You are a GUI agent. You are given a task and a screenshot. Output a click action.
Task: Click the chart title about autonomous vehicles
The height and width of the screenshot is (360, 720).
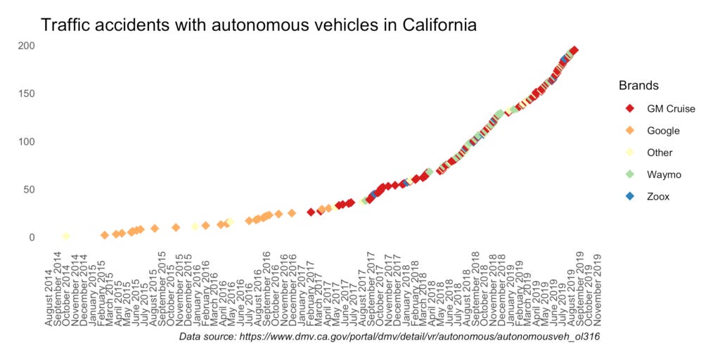(259, 25)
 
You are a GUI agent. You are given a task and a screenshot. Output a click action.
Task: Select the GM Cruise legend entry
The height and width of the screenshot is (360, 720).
(670, 109)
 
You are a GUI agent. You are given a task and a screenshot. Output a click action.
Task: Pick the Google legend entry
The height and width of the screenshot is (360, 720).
(662, 131)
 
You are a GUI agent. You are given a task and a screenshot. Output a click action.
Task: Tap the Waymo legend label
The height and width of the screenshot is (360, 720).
(664, 174)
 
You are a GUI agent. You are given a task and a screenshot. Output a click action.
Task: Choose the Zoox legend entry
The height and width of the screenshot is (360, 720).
(658, 196)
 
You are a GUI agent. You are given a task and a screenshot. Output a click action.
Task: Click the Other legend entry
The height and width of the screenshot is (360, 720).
(660, 153)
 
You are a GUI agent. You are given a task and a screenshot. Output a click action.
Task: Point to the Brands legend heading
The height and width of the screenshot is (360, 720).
(638, 86)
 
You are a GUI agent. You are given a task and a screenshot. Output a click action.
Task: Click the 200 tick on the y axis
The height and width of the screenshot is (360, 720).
(27, 46)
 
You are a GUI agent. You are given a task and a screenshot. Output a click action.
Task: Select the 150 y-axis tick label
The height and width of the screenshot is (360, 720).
(27, 94)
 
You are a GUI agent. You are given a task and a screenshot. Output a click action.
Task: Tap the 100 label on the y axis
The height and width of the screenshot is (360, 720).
(27, 141)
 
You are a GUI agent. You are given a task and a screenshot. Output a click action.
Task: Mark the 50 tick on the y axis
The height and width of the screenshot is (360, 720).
(30, 189)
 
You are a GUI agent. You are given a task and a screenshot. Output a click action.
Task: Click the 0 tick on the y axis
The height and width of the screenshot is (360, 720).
(32, 238)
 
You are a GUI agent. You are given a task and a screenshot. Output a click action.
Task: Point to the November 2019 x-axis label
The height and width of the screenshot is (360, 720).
(598, 288)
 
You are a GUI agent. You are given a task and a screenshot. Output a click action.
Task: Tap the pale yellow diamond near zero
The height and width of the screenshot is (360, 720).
(65, 236)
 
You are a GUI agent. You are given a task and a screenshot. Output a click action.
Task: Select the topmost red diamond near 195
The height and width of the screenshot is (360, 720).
(574, 51)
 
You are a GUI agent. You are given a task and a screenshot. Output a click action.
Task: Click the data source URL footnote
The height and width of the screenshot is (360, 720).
(383, 337)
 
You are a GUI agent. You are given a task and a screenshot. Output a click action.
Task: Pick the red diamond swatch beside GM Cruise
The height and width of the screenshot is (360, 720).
(630, 109)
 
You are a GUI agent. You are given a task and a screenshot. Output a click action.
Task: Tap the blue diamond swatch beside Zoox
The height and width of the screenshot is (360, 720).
(630, 196)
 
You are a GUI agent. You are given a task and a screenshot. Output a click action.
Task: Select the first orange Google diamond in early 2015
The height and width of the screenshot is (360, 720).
(104, 235)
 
